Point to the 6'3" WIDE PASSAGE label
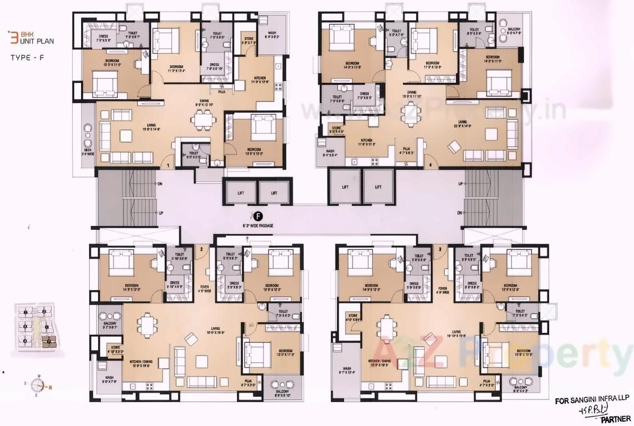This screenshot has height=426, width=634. tap(258, 225)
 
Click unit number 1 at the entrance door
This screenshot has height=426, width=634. tap(168, 166)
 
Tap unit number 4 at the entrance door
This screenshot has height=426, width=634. tap(430, 166)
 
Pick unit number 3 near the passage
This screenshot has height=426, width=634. tap(439, 248)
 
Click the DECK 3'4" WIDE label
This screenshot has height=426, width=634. tap(87, 152)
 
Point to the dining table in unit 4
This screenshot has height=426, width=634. tap(409, 113)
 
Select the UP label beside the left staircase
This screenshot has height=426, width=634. tap(160, 213)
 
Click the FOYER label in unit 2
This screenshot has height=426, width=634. tap(205, 289)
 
